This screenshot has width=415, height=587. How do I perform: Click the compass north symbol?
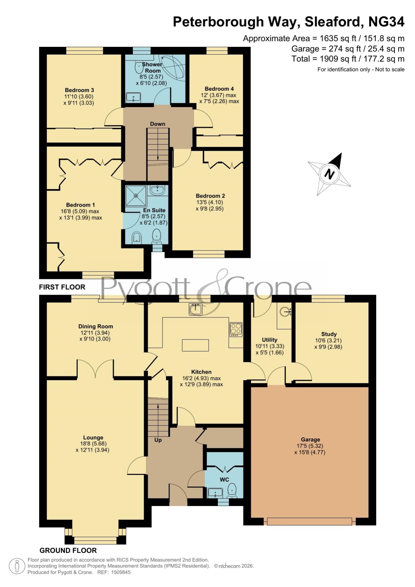pyautogui.click(x=329, y=174)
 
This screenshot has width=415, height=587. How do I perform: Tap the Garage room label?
pyautogui.click(x=310, y=439)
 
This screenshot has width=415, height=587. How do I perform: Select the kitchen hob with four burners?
pyautogui.click(x=236, y=329)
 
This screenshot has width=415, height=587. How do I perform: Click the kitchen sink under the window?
pyautogui.click(x=195, y=309)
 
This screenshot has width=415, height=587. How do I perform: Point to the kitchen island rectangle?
pyautogui.click(x=195, y=345)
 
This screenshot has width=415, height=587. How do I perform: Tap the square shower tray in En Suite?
pyautogui.click(x=136, y=196)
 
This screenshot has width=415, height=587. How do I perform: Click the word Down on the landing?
pyautogui.click(x=158, y=124)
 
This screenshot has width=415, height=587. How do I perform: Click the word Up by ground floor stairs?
pyautogui.click(x=158, y=440)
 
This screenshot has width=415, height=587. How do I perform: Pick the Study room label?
pyautogui.click(x=329, y=334)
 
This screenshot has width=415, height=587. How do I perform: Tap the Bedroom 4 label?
pyautogui.click(x=219, y=89)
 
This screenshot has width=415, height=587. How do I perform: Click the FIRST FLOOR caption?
pyautogui.click(x=62, y=287)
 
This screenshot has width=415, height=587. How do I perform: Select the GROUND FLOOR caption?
pyautogui.click(x=68, y=551)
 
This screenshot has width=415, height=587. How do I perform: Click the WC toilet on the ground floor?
pyautogui.click(x=232, y=490)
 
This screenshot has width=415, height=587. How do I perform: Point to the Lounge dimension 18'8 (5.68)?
pyautogui.click(x=93, y=444)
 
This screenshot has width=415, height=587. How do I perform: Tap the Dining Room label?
pyautogui.click(x=96, y=326)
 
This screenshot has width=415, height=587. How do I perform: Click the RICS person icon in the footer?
pyautogui.click(x=17, y=567)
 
